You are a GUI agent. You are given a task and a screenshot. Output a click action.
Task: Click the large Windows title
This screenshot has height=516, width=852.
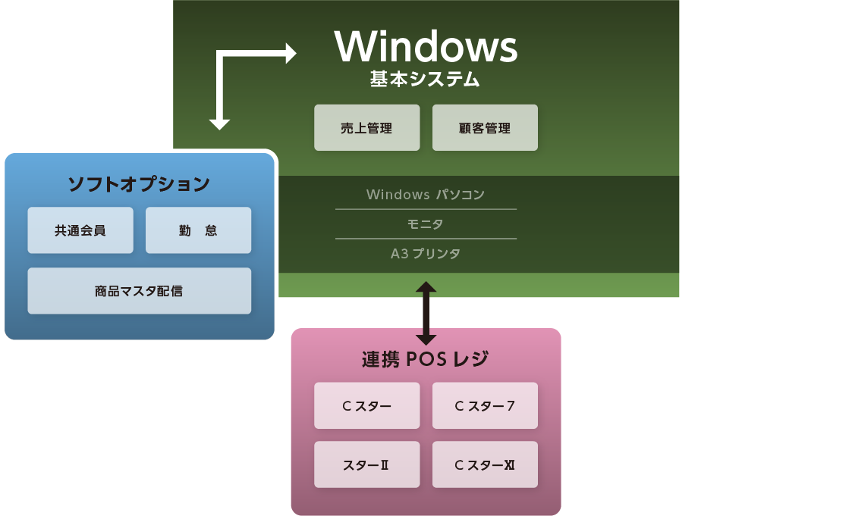(x=426, y=46)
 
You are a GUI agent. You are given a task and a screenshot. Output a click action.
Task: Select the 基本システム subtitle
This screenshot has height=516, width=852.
(x=425, y=80)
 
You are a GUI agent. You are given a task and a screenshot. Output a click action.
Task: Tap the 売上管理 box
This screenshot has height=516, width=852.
(x=366, y=127)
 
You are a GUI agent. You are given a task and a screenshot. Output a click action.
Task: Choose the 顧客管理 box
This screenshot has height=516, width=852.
(x=485, y=127)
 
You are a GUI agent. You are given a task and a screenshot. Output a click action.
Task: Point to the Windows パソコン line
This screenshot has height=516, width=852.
(x=426, y=194)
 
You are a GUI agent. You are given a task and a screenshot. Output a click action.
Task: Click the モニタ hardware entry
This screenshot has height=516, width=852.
(x=426, y=224)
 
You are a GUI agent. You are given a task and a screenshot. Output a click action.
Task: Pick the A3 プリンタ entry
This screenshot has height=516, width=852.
(x=426, y=253)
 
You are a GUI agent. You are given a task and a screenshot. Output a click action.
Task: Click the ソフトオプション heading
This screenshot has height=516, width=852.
(x=139, y=184)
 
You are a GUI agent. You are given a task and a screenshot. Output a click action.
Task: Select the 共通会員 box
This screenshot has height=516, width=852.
(x=80, y=230)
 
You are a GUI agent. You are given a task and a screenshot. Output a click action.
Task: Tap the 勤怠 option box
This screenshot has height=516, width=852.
(x=198, y=230)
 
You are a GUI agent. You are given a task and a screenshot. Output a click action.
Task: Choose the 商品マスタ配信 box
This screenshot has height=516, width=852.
(x=140, y=291)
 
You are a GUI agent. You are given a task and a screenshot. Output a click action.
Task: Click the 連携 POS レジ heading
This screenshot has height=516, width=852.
(x=426, y=359)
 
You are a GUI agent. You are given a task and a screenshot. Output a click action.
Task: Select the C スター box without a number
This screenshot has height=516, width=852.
(x=366, y=406)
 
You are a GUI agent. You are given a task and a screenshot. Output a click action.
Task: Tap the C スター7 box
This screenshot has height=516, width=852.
(x=485, y=406)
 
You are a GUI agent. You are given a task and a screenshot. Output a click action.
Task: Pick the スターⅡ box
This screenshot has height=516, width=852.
(x=366, y=464)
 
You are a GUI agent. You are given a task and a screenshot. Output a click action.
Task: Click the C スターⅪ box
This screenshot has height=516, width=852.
(x=485, y=464)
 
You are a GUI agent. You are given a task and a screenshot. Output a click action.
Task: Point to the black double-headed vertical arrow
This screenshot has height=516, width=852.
(x=426, y=313)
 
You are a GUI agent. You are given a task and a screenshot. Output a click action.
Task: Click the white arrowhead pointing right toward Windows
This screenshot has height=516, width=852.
(x=291, y=54)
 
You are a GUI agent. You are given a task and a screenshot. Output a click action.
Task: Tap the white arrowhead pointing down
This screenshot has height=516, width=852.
(x=219, y=125)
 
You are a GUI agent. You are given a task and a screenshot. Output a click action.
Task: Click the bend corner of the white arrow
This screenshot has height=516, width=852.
(x=219, y=54)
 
